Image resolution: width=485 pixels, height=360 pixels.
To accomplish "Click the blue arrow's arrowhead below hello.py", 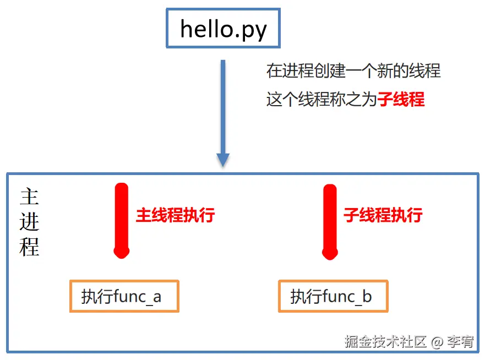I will [222, 159].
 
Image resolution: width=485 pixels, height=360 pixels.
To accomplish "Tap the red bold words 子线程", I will [401, 100].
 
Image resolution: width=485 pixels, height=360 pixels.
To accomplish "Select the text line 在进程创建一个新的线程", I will [353, 71].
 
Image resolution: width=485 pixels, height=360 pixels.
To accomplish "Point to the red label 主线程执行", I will [175, 215].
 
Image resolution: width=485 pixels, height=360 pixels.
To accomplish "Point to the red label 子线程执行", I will [383, 215].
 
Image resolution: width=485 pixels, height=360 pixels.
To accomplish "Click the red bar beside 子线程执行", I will [330, 220].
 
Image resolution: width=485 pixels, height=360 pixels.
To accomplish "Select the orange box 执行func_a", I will [124, 297].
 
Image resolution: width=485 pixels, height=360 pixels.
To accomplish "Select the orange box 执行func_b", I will [333, 297].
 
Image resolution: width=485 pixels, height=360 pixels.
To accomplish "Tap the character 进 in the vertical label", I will [29, 222].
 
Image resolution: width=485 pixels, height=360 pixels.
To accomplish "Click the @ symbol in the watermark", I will [437, 342].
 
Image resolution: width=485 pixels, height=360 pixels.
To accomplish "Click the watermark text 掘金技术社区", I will [385, 342].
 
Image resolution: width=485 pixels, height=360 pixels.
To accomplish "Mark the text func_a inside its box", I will [137, 297].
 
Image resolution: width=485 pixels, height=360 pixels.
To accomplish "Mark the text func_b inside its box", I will [347, 297].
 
